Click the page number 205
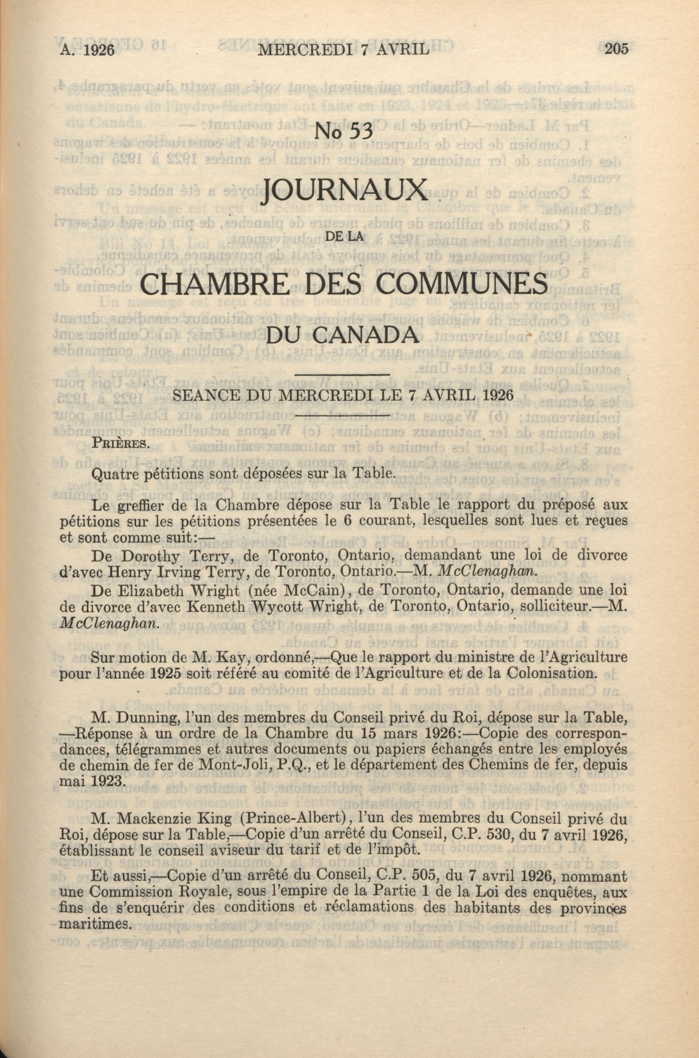(x=616, y=48)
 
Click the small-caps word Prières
(x=120, y=443)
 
